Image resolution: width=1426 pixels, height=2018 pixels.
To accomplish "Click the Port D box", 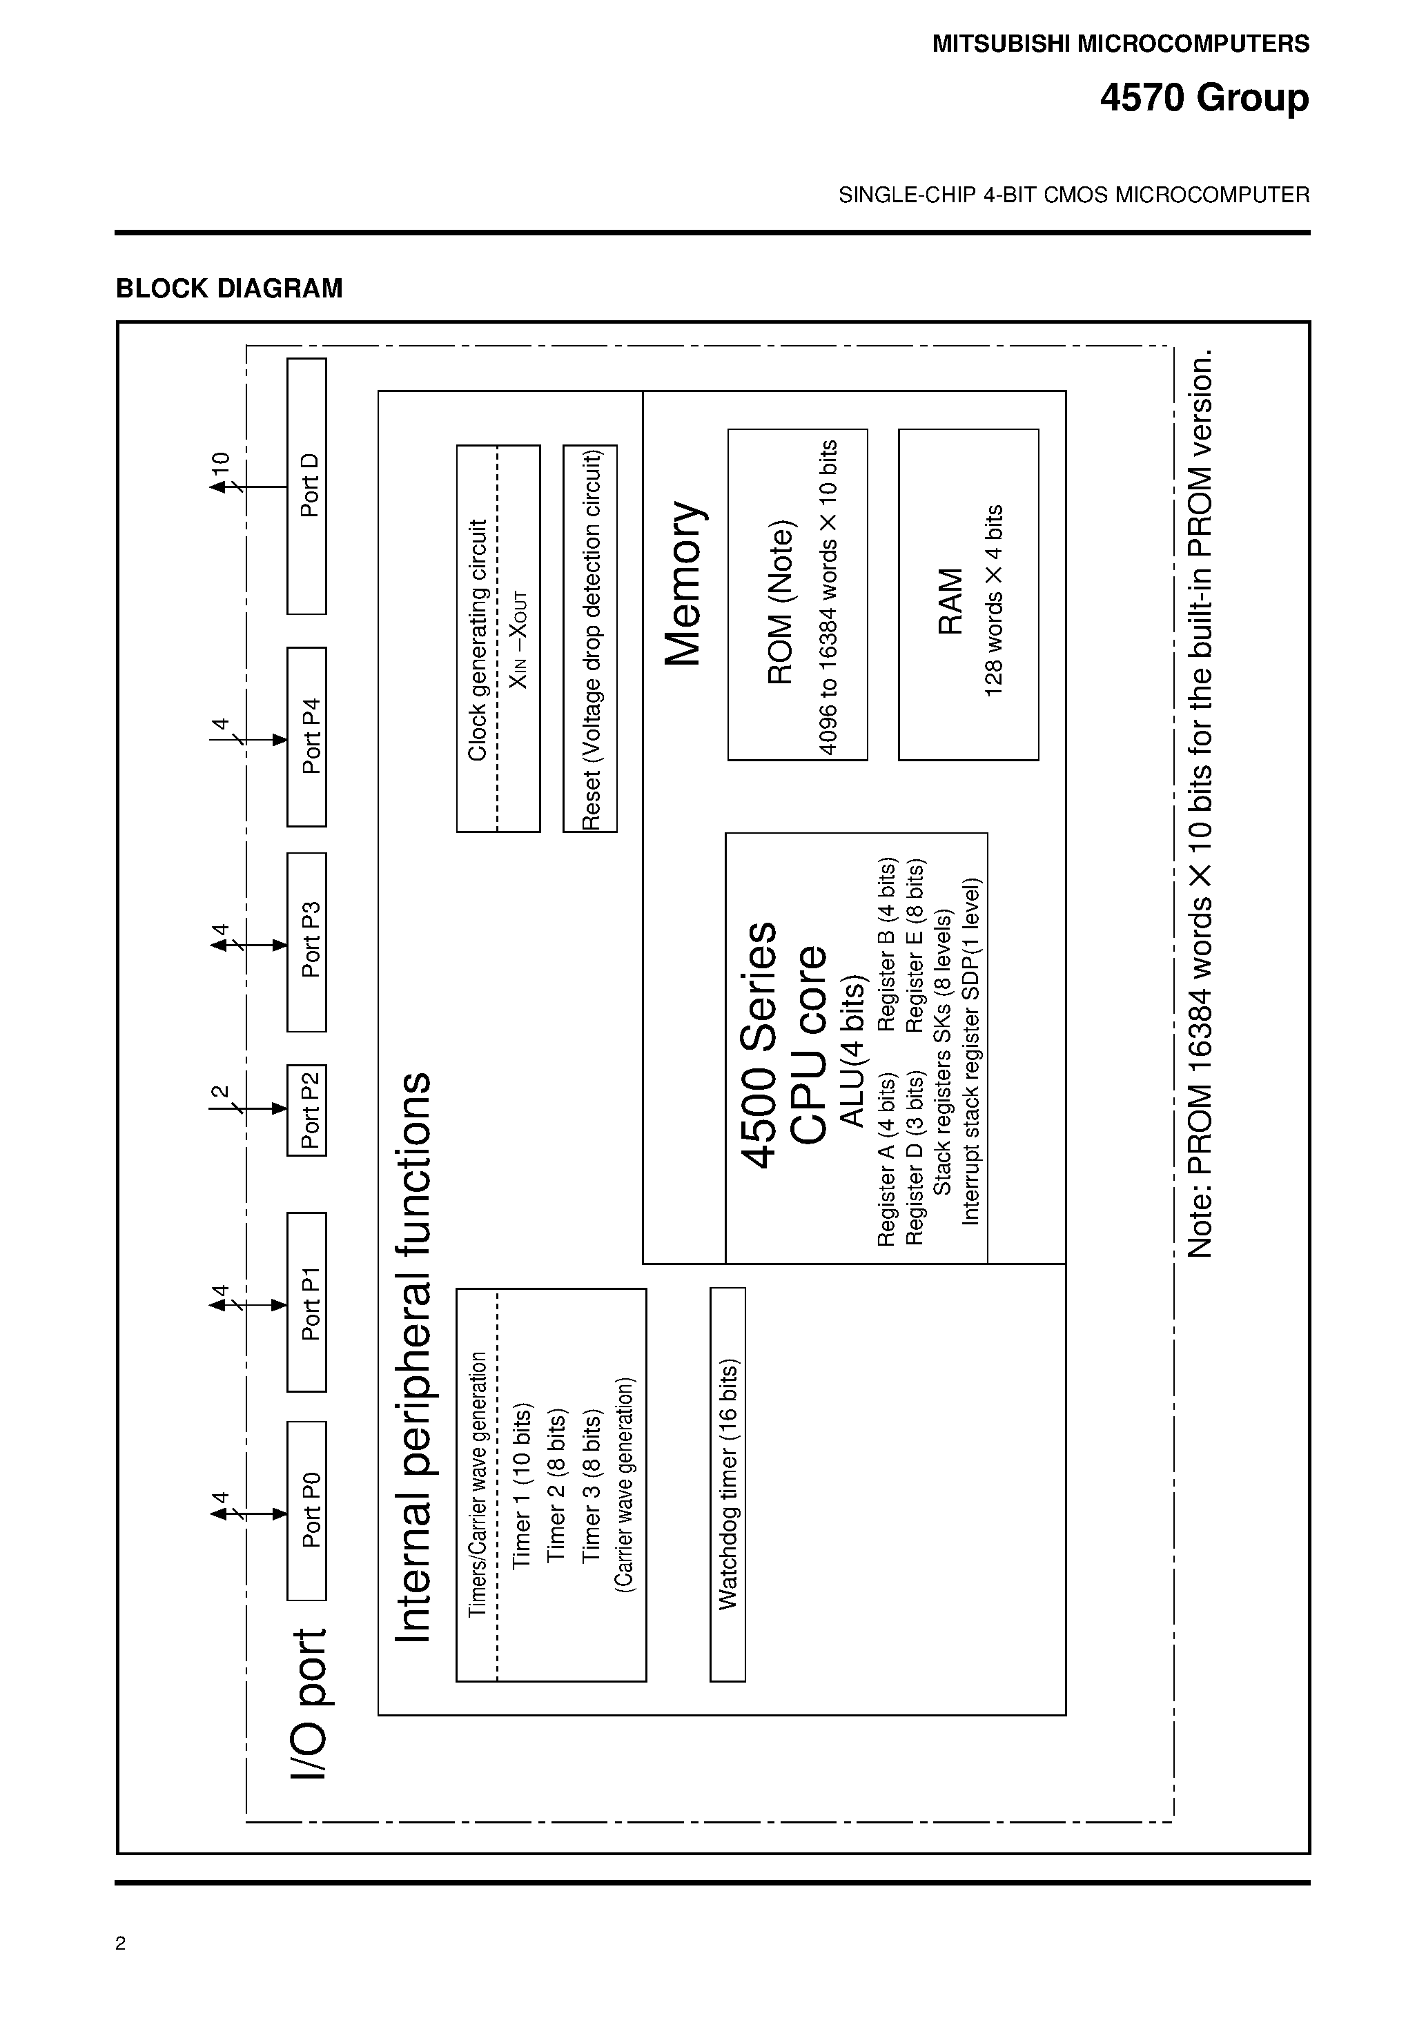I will pyautogui.click(x=307, y=486).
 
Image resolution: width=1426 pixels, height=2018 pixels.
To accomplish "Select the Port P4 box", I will pyautogui.click(x=307, y=736).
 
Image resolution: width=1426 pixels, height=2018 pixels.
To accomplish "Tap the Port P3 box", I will pyautogui.click(x=307, y=941).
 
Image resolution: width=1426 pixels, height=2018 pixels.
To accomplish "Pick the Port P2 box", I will pyautogui.click(x=307, y=1110).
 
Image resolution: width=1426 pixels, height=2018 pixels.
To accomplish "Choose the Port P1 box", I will pyautogui.click(x=307, y=1302).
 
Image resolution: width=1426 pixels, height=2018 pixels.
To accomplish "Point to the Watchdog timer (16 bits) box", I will pyautogui.click(x=728, y=1485).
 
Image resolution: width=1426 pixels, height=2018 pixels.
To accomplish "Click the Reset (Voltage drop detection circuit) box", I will pyautogui.click(x=591, y=639).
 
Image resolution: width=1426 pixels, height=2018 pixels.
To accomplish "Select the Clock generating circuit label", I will pyautogui.click(x=476, y=640).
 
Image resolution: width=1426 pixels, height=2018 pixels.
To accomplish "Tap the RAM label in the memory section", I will pyautogui.click(x=950, y=601).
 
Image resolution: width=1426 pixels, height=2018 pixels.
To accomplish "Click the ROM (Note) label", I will pyautogui.click(x=781, y=603).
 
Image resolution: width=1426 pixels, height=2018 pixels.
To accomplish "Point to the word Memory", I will pyautogui.click(x=683, y=584).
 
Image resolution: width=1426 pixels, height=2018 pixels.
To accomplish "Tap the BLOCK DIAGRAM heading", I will pyautogui.click(x=229, y=288).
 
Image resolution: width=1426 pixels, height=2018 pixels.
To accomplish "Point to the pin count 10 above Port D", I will pyautogui.click(x=219, y=462).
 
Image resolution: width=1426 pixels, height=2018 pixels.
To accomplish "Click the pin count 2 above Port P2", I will pyautogui.click(x=219, y=1093).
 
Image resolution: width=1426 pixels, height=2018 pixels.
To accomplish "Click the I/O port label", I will pyautogui.click(x=309, y=1704).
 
